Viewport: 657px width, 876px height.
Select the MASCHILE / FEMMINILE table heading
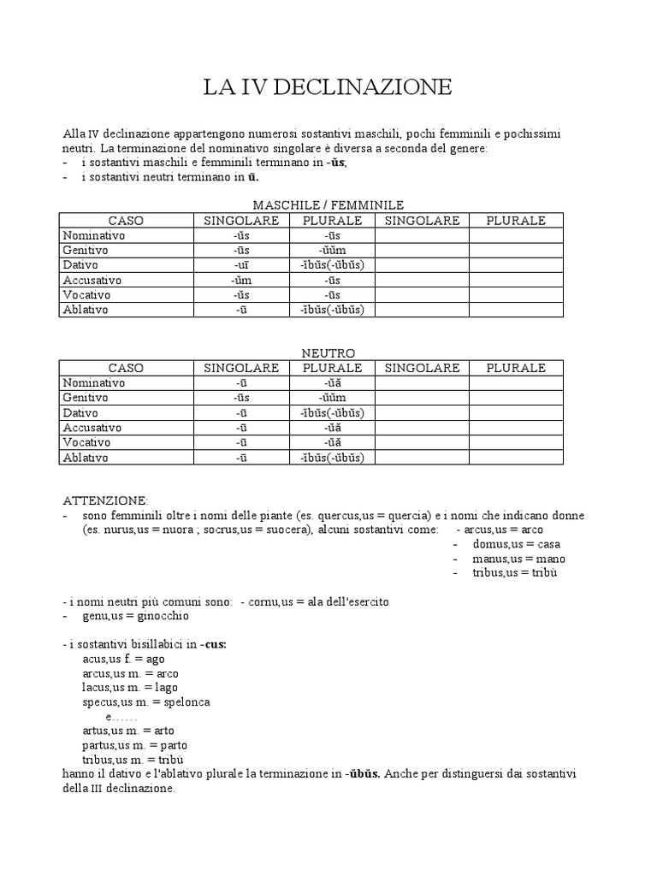pyautogui.click(x=328, y=205)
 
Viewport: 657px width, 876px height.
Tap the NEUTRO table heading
pyautogui.click(x=328, y=353)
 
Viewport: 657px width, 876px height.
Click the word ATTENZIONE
pyautogui.click(x=105, y=500)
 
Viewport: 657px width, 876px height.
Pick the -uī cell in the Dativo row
pyautogui.click(x=240, y=265)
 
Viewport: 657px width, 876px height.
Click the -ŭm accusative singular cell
pyautogui.click(x=240, y=280)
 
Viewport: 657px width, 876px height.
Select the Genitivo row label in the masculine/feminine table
pyautogui.click(x=85, y=250)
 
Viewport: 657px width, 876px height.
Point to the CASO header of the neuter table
pyautogui.click(x=126, y=369)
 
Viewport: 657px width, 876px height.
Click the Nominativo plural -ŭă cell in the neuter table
pyautogui.click(x=332, y=383)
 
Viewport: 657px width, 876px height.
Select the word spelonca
pyautogui.click(x=183, y=702)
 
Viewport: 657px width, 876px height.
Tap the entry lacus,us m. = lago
pyautogui.click(x=130, y=688)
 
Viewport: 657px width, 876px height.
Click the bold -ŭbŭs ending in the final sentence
pyautogui.click(x=364, y=774)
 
